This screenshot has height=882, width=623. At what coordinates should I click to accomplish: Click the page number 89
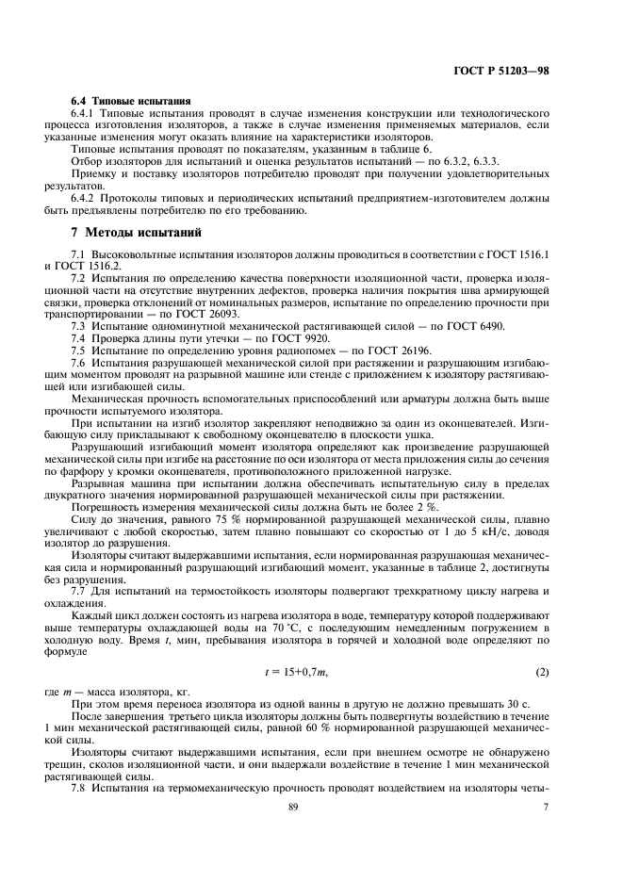click(310, 833)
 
